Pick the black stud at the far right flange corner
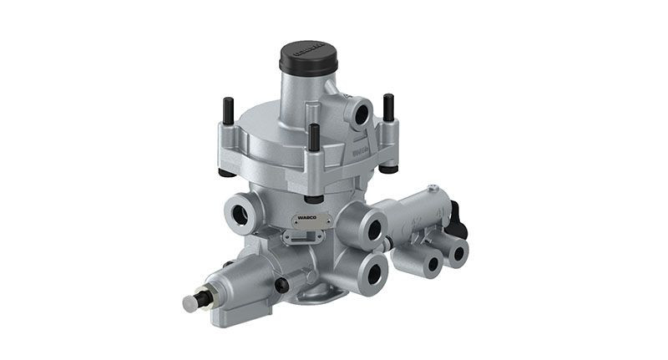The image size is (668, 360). coord(388,107)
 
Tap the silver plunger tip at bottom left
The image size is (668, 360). coord(191,302)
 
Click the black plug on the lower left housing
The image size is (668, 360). coord(283,285)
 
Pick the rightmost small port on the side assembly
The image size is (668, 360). coord(458,254)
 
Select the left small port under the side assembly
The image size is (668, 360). coord(431,265)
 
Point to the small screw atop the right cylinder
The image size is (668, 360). coord(433,188)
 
